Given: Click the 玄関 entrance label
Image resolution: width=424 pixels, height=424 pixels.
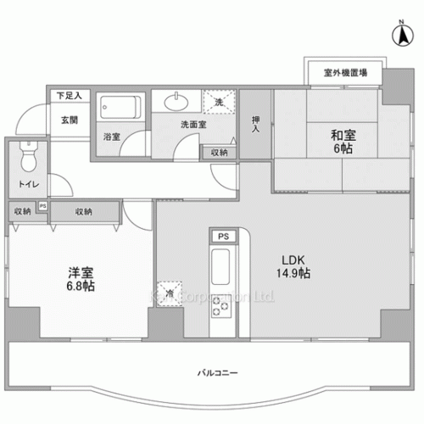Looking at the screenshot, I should (x=69, y=120).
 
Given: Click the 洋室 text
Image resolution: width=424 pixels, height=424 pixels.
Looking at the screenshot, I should (x=80, y=273).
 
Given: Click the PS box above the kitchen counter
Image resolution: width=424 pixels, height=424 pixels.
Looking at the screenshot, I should (x=223, y=237).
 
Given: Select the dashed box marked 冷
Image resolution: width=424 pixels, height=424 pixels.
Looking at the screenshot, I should (x=169, y=293).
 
